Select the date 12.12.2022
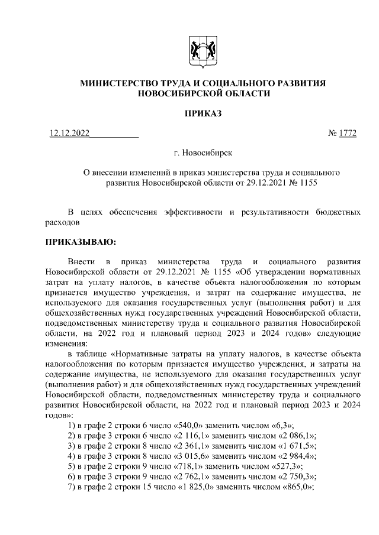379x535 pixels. tap(69, 133)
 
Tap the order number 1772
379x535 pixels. tap(348, 133)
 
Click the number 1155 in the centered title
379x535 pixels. tap(306, 183)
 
